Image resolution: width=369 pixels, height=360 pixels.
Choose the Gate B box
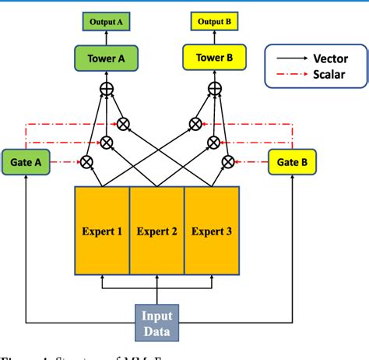pos(292,163)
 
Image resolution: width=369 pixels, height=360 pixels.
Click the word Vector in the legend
pos(330,58)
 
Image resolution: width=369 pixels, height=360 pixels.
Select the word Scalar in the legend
pos(329,76)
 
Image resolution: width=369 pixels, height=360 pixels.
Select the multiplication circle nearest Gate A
pos(87,162)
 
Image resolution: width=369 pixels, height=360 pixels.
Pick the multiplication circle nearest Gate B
pos(228,162)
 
